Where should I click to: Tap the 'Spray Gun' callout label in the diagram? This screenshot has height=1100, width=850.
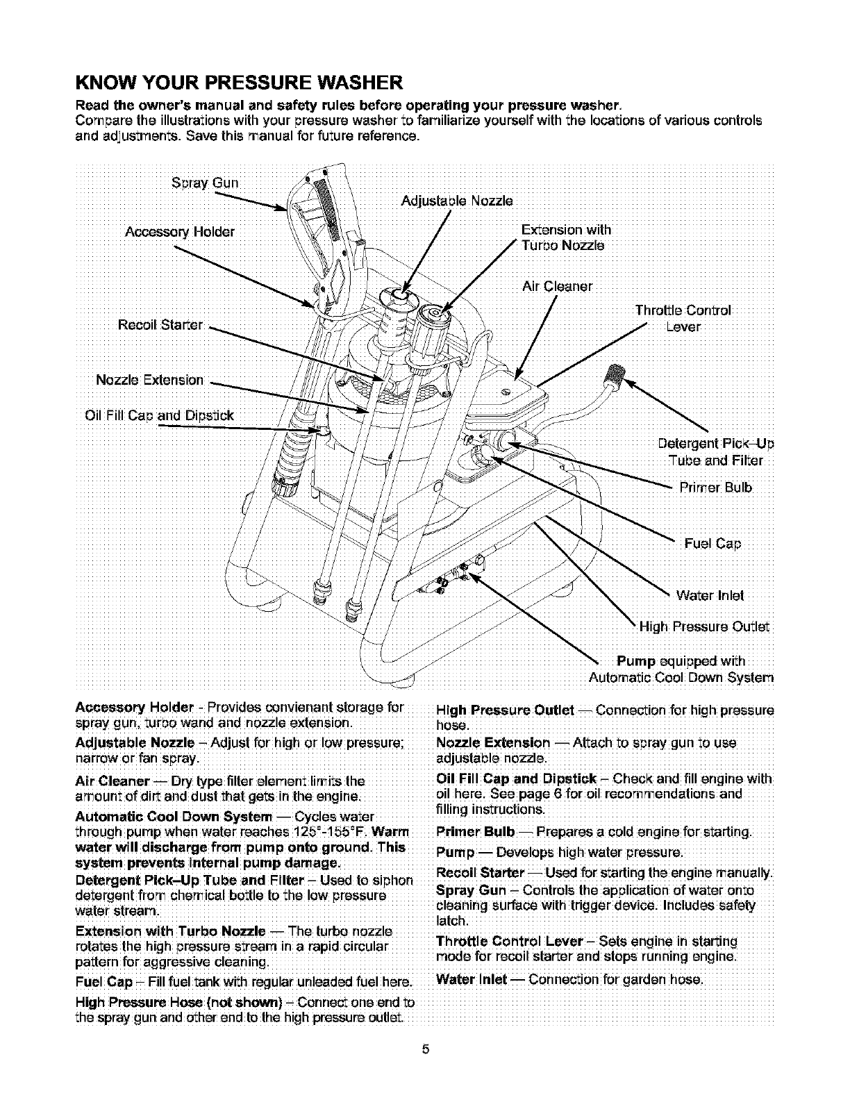point(205,184)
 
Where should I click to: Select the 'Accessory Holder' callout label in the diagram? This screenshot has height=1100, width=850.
point(179,231)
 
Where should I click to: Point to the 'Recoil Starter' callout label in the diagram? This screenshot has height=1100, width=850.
point(160,325)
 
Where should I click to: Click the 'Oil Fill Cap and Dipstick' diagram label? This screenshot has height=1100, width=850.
point(158,416)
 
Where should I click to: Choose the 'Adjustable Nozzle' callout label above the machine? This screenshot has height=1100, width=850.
point(458,201)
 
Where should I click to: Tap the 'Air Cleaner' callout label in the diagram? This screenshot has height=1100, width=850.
point(557,286)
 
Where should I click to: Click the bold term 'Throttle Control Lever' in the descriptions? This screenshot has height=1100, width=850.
point(508,942)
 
